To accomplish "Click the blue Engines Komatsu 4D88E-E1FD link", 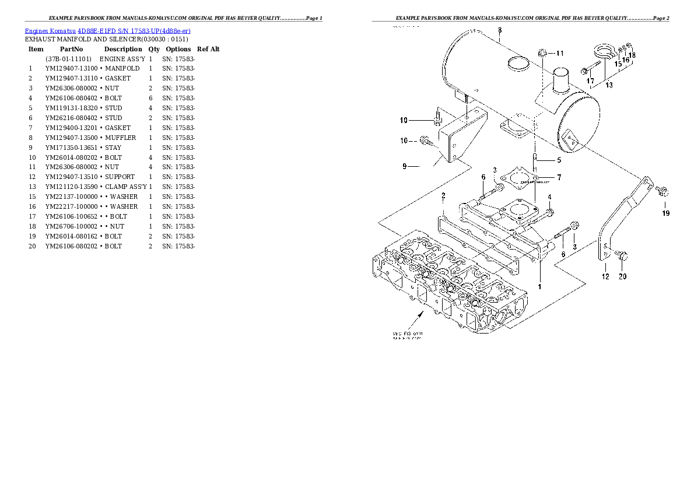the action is coord(107,30).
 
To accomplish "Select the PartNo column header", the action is coord(71,50).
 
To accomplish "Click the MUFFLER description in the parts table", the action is coord(120,138).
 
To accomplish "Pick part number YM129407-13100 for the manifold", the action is coord(71,69).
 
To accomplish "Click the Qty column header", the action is coord(154,50).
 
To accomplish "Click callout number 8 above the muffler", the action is coord(500,30).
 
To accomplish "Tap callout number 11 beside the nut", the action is coord(559,54).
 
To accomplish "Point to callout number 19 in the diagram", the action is coord(666,213).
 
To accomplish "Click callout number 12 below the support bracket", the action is coord(605,276).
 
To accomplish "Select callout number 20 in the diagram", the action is coord(622,276).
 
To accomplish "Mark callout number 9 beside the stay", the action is coord(404,167).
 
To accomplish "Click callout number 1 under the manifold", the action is coord(539,286).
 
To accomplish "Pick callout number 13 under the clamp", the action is coord(609,85).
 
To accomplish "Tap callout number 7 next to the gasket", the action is coord(559,177).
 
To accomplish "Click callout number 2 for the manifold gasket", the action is coord(443,195).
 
